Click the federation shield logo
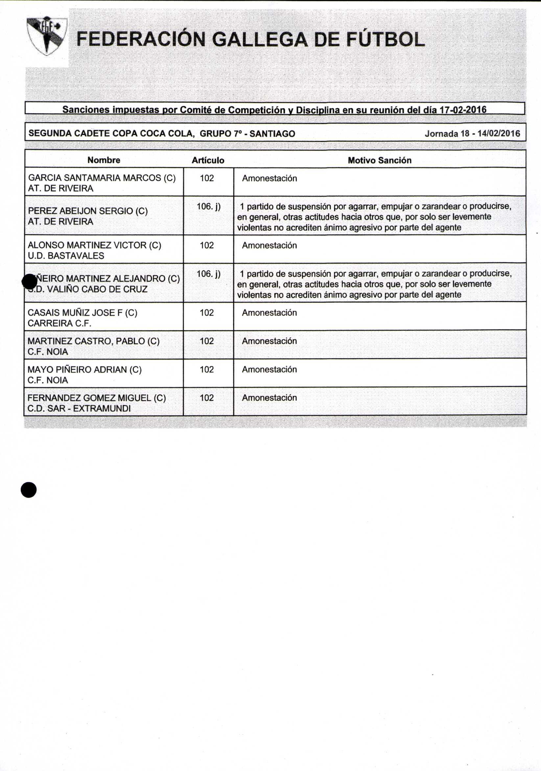click(47, 36)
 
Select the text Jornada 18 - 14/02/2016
click(472, 134)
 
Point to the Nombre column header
click(104, 160)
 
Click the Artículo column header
click(208, 161)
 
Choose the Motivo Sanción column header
click(379, 161)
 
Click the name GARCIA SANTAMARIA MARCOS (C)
click(102, 178)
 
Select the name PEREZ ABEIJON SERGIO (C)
click(88, 211)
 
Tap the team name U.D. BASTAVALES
click(66, 256)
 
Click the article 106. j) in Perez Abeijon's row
click(208, 207)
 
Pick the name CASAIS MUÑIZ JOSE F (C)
click(82, 313)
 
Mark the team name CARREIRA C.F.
click(59, 323)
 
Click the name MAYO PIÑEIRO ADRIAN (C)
click(84, 370)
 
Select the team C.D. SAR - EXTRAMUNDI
click(79, 409)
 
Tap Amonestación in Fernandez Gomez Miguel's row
click(269, 398)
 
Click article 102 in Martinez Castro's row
click(207, 341)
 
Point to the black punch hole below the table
click(29, 490)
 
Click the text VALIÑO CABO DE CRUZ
click(98, 289)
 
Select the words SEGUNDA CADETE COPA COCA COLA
click(111, 134)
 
